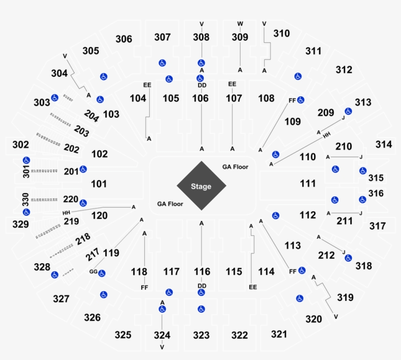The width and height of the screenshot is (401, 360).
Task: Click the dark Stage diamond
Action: (201, 186)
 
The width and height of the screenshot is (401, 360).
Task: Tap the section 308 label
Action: (201, 37)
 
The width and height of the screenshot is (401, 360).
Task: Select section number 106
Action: (200, 99)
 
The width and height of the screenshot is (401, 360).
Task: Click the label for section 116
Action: (201, 272)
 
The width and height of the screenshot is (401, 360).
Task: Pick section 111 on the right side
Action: (308, 184)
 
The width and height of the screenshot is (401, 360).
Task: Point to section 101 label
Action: (99, 184)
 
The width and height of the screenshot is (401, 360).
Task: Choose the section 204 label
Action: (91, 115)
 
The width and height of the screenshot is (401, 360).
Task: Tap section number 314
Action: (384, 145)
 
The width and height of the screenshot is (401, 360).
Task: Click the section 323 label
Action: (201, 335)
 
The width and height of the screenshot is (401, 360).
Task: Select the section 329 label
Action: (21, 225)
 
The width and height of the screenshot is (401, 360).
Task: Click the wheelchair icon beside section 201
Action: (83, 169)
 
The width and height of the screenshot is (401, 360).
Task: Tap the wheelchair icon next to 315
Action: (362, 170)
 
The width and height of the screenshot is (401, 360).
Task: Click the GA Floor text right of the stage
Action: (235, 167)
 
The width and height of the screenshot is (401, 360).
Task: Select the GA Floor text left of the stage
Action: (170, 204)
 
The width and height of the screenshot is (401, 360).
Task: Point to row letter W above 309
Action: (240, 23)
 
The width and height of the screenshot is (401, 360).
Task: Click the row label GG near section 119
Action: (93, 272)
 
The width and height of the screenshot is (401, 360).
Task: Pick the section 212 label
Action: (326, 255)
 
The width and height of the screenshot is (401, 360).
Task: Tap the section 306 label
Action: (124, 39)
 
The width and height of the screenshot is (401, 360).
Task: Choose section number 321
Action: (279, 334)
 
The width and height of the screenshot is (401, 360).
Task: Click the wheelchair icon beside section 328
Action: (55, 275)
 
